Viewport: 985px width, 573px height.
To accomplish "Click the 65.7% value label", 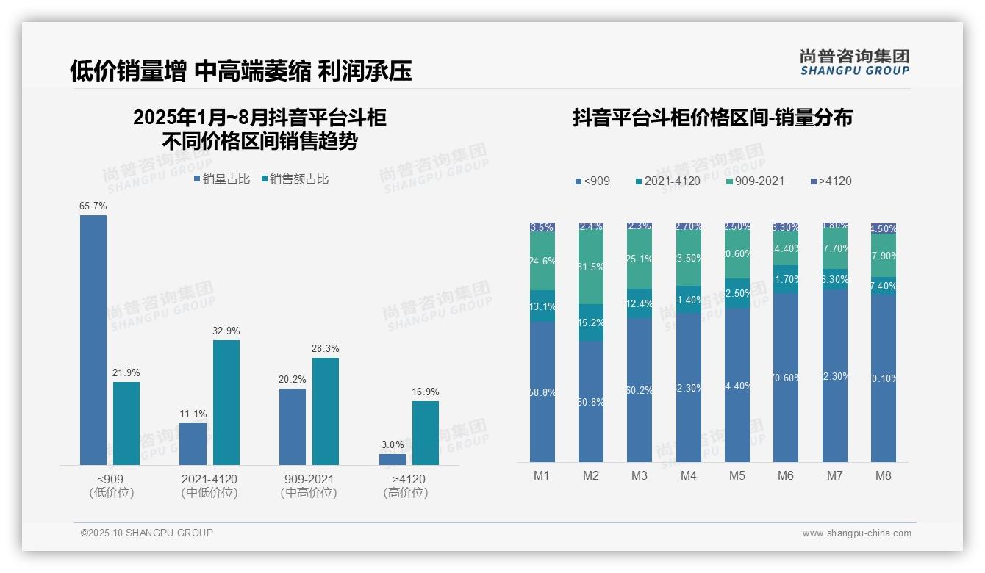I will coord(93,206).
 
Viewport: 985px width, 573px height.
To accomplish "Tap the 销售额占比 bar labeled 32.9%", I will coord(226,402).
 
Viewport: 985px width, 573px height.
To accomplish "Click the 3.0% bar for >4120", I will coord(393,459).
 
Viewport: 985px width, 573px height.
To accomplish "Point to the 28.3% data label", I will coord(326,348).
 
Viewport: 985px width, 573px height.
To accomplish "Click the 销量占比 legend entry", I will coord(222,179).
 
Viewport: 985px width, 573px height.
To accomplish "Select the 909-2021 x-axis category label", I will coord(309,479).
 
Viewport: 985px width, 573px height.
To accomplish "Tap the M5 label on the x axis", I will coord(737,475).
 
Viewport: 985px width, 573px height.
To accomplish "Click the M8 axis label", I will coord(884,475).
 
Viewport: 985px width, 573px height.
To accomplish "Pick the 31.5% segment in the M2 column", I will coord(591,267).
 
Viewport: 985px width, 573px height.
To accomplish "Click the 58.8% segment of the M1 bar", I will coord(542,392).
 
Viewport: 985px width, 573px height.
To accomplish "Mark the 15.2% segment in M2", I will coord(591,322).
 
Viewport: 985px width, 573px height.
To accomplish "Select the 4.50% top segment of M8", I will coord(884,228).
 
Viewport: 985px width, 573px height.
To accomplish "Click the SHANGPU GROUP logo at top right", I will coord(854,62).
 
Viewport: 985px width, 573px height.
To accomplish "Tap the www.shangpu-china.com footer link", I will coord(856,533).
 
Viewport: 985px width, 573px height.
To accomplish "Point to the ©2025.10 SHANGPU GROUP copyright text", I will coord(147,533).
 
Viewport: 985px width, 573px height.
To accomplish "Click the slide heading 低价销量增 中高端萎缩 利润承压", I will coord(240,71).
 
